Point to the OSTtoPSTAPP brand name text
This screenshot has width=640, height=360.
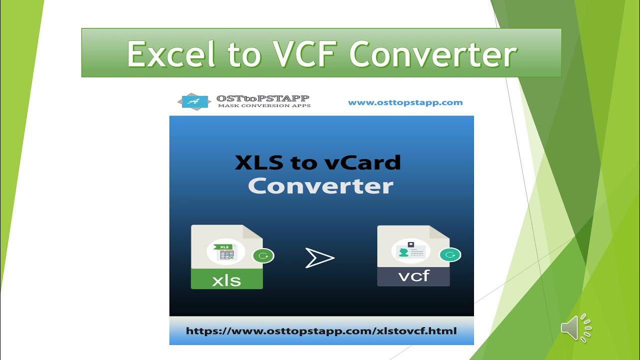point(263,98)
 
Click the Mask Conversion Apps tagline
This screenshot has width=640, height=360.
point(264,105)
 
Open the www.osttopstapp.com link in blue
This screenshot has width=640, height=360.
point(405,102)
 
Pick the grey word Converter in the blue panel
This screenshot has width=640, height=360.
point(320,186)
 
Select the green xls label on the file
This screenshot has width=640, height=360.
point(226,279)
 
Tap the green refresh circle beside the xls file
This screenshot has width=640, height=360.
point(263,256)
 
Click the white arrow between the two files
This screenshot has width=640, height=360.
point(319,258)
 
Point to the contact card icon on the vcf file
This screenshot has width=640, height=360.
point(411,251)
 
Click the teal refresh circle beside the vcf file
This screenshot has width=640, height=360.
point(450,255)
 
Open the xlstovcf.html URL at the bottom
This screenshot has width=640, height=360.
point(321,331)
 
